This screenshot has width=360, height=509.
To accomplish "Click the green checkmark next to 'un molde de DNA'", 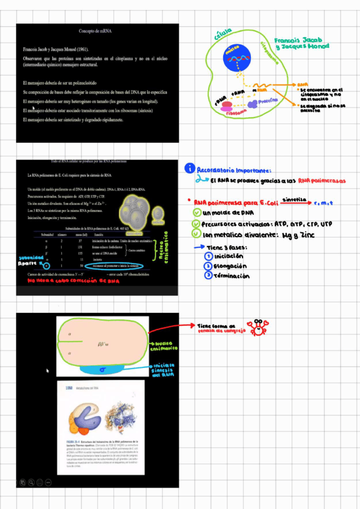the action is [197, 213].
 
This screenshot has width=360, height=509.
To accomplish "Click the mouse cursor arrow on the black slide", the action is [47, 370].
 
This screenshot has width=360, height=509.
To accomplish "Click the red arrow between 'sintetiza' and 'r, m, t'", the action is [308, 202].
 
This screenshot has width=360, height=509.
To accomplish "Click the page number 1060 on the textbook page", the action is [68, 388].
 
